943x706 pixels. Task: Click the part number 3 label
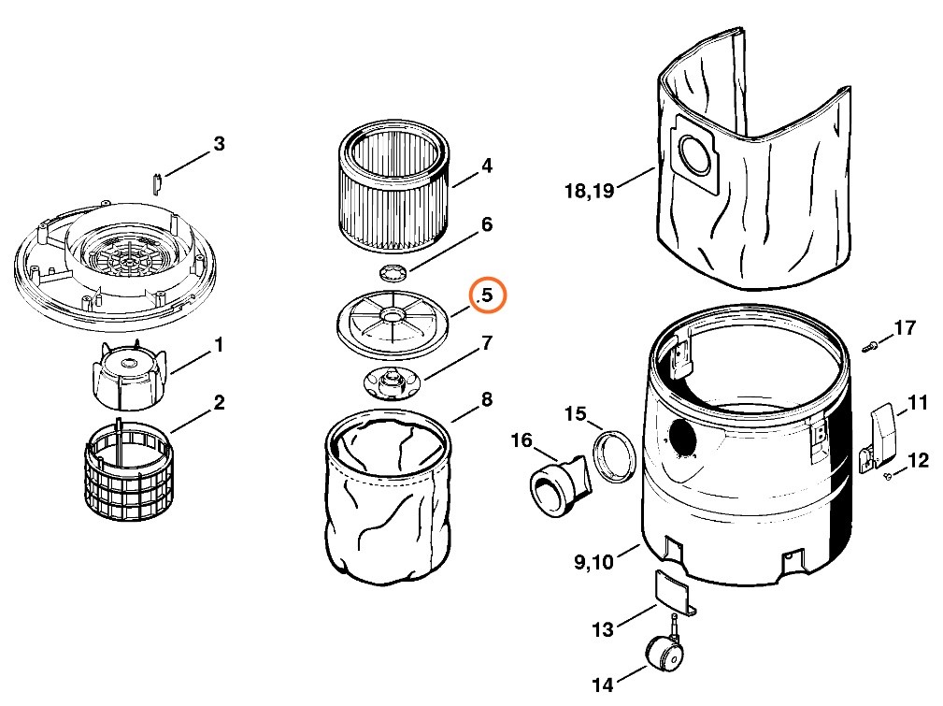[219, 144]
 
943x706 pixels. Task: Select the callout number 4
[486, 166]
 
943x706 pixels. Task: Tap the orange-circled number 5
[486, 295]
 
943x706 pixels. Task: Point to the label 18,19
[589, 191]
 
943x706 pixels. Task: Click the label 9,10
[594, 561]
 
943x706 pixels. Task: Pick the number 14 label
[603, 685]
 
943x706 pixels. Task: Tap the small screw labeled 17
[872, 347]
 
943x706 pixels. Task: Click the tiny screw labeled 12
[887, 476]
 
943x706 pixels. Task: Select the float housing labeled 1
[128, 374]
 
